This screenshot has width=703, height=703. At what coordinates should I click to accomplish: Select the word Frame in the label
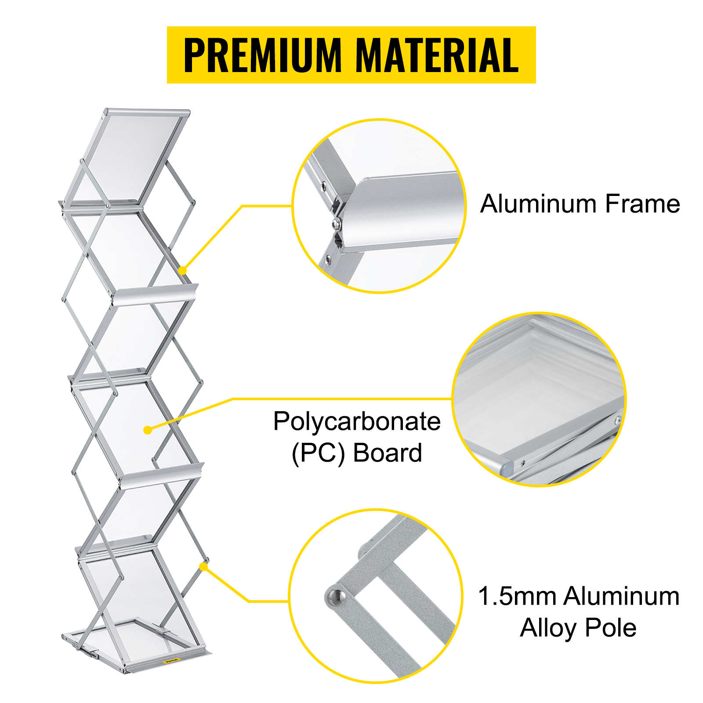click(x=642, y=204)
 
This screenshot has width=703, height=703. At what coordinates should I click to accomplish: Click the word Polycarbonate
click(x=357, y=422)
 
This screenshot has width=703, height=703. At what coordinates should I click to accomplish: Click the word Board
click(x=387, y=453)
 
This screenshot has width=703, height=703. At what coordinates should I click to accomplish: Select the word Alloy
click(x=548, y=628)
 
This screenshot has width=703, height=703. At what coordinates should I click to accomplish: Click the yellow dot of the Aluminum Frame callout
click(x=183, y=270)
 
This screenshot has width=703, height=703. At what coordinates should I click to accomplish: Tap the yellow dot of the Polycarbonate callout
click(x=148, y=430)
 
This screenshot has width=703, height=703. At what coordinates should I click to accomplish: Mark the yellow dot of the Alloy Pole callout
click(x=203, y=567)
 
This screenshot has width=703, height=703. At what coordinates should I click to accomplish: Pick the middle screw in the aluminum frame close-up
click(x=337, y=224)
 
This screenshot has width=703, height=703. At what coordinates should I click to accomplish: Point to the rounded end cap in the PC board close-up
click(x=507, y=467)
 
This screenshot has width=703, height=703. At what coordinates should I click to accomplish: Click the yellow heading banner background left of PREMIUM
click(x=175, y=55)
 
